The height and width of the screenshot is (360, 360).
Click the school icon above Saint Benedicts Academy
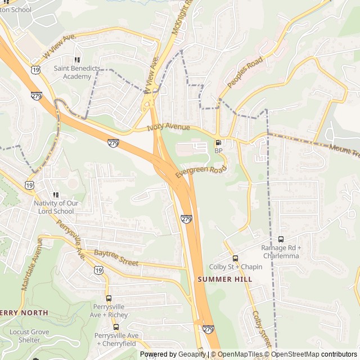[77, 60]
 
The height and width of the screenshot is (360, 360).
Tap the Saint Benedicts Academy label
[77, 72]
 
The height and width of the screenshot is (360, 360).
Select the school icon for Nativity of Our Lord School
[55, 195]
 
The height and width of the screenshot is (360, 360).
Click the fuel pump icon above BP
[218, 143]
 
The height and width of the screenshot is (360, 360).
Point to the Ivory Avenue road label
[169, 128]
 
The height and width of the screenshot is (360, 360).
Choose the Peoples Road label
[246, 71]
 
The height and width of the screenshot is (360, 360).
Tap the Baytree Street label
[116, 259]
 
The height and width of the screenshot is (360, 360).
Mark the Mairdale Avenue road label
[31, 264]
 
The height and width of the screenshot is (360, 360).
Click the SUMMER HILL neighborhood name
[224, 279]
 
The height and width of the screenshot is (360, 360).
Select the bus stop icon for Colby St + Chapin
[235, 258]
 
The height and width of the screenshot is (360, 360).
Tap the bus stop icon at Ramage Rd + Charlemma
[281, 240]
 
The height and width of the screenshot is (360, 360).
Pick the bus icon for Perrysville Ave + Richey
[109, 299]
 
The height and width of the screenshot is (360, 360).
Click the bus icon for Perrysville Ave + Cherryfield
[116, 327]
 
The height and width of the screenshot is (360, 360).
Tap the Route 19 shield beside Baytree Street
[99, 271]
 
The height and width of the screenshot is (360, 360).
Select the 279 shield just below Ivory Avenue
[114, 143]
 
